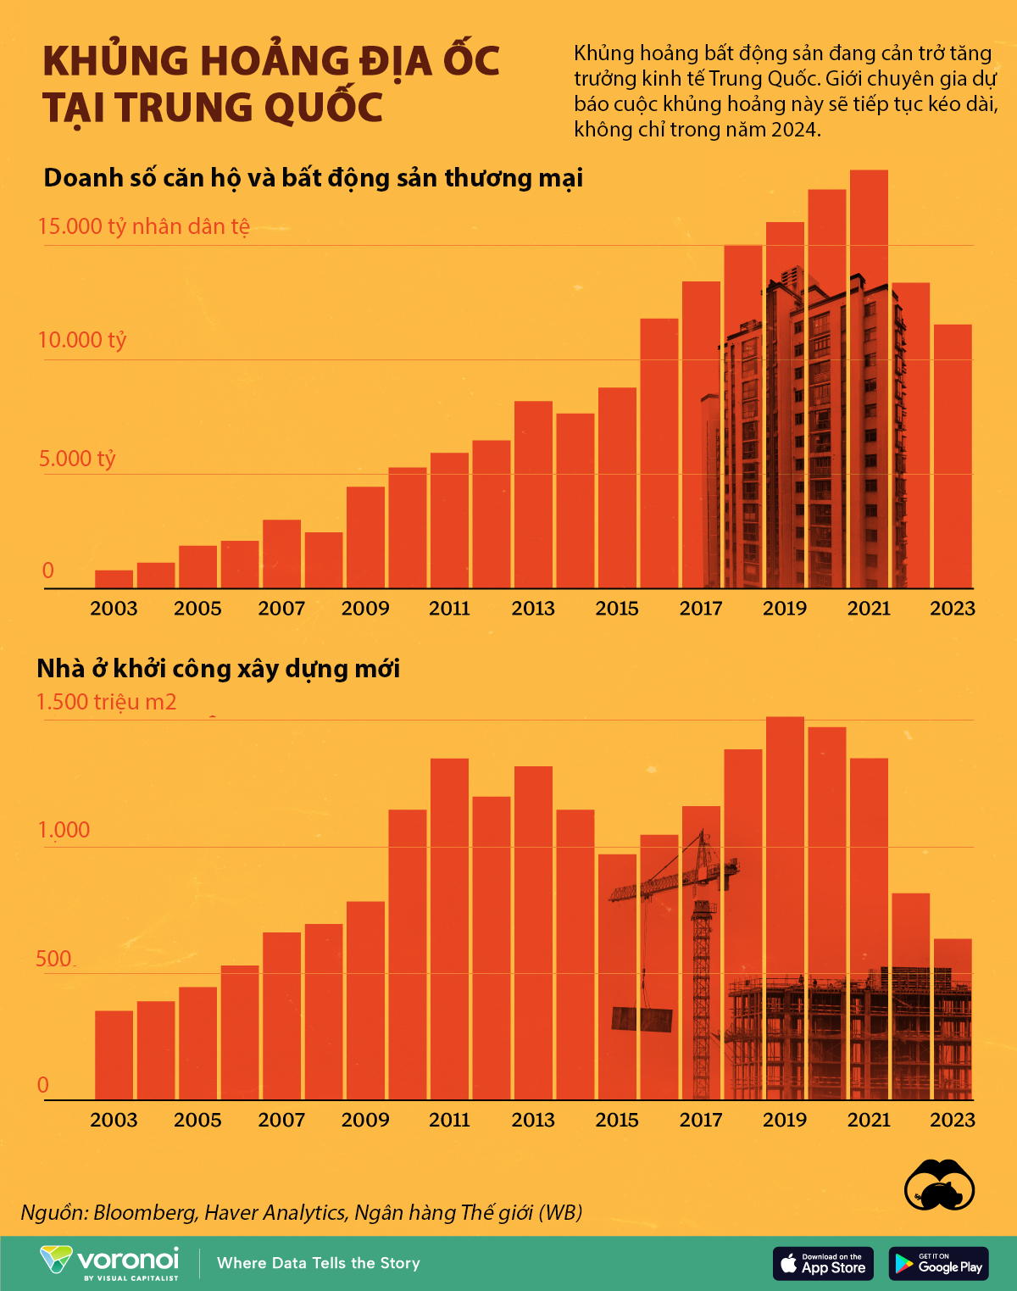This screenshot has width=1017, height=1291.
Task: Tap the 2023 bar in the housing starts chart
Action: click(953, 1017)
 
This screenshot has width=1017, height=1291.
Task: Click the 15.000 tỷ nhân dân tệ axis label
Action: click(144, 226)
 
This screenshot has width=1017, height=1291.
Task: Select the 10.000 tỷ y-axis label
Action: click(82, 340)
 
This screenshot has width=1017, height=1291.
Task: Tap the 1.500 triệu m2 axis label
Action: click(107, 702)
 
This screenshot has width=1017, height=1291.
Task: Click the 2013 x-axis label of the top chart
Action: click(533, 608)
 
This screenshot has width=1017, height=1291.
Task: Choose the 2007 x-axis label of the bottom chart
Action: click(281, 1120)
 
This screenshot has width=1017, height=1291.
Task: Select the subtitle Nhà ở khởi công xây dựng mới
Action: click(218, 669)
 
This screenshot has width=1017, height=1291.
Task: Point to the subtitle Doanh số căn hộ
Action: click(314, 178)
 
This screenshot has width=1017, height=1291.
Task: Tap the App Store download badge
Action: click(823, 1263)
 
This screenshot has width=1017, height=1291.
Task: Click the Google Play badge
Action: click(938, 1263)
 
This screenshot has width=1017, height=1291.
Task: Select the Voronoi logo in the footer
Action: click(110, 1262)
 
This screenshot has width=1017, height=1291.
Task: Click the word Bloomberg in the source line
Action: click(144, 1212)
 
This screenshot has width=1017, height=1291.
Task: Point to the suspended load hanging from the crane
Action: click(642, 1019)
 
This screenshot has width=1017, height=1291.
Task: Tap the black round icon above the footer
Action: click(939, 1185)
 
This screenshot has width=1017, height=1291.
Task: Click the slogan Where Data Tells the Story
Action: click(319, 1263)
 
